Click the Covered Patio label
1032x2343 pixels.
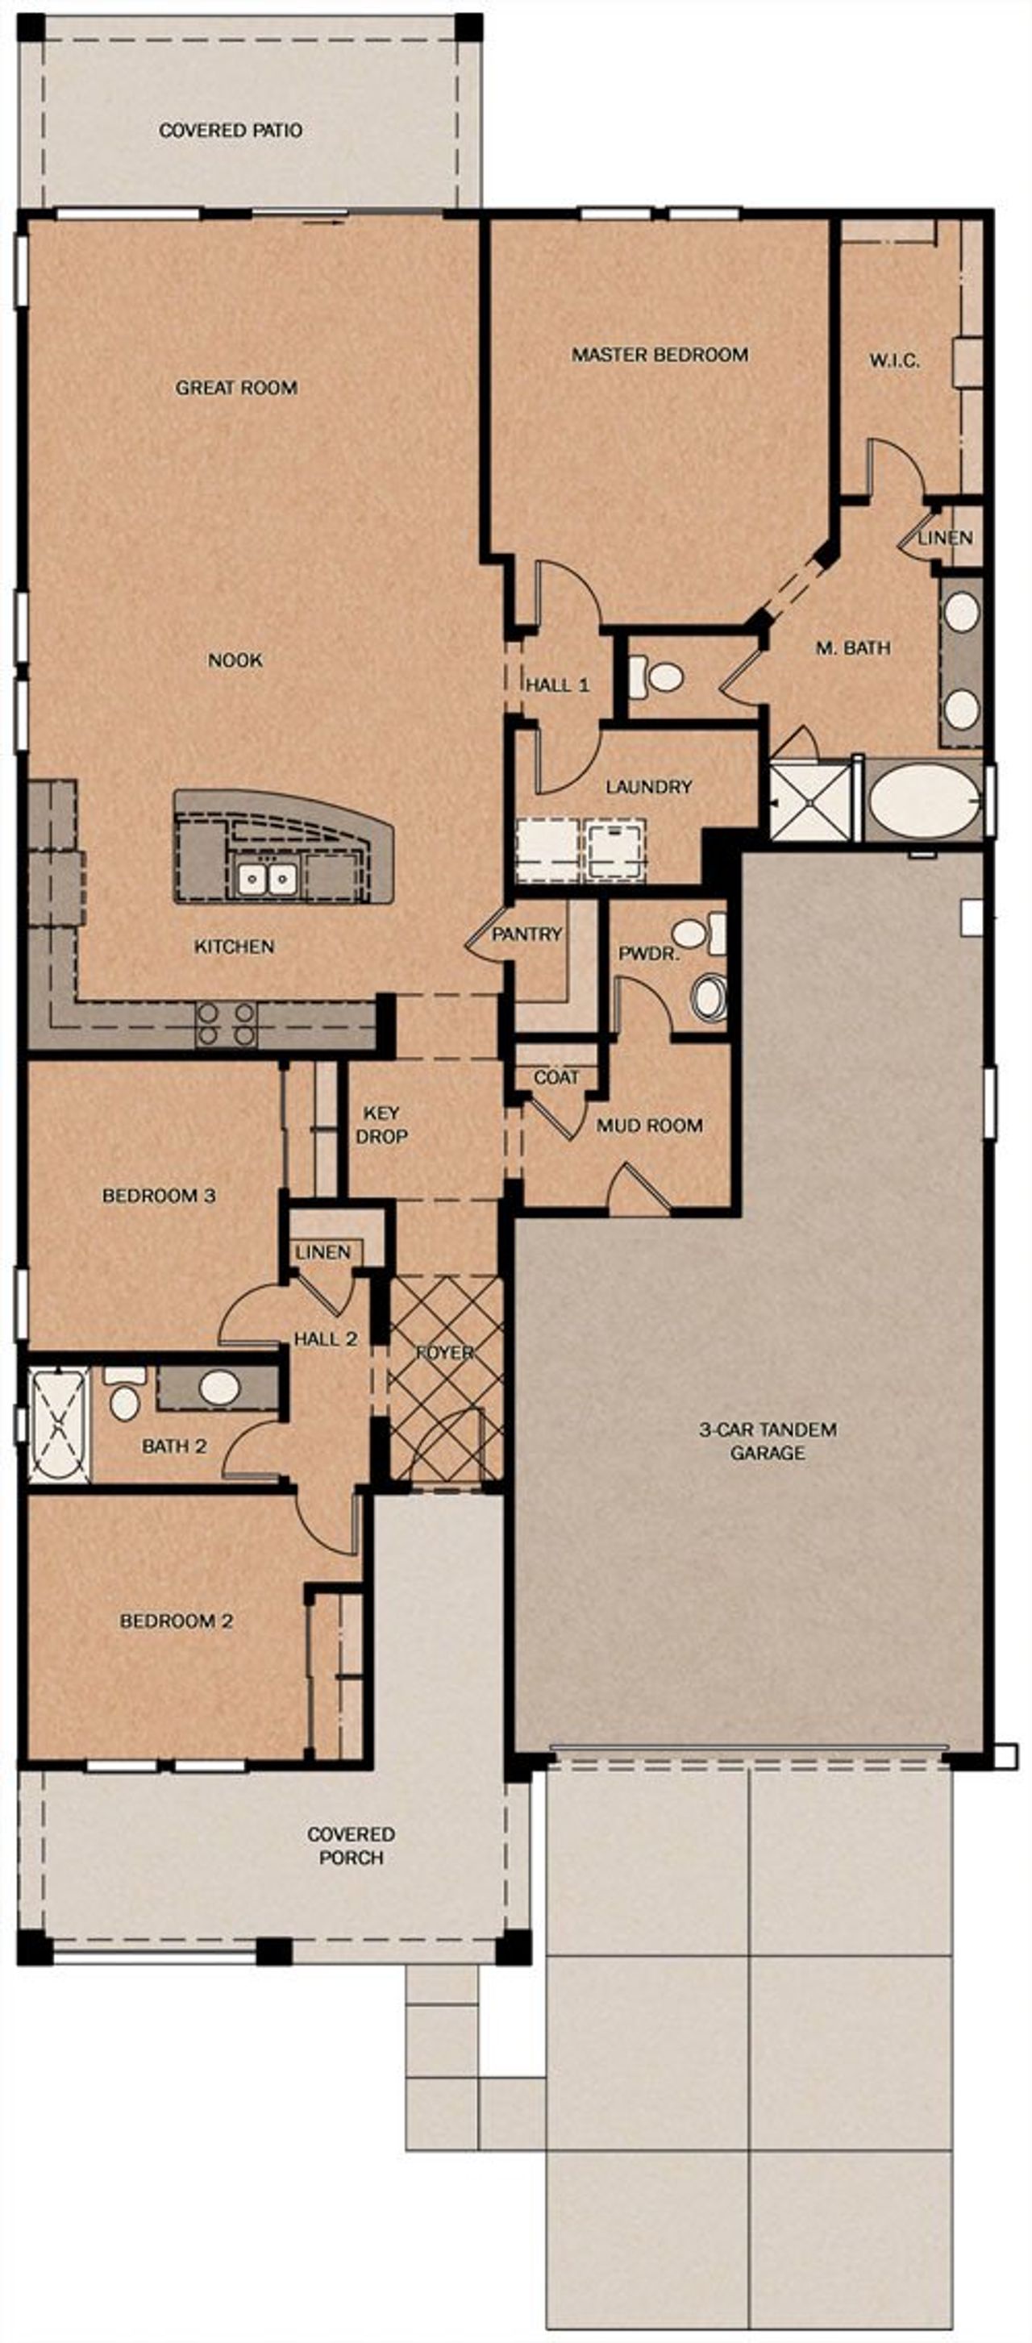[230, 130]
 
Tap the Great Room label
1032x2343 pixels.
[236, 388]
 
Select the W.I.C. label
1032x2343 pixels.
[894, 360]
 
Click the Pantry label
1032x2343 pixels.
[526, 934]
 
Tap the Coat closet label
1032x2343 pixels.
[556, 1077]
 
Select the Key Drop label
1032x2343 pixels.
[381, 1124]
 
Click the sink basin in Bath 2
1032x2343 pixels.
[219, 1387]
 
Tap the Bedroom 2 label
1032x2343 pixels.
[177, 1621]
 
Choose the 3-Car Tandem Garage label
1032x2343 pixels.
[768, 1441]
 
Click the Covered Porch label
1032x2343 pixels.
[351, 1846]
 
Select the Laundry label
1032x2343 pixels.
[648, 786]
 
